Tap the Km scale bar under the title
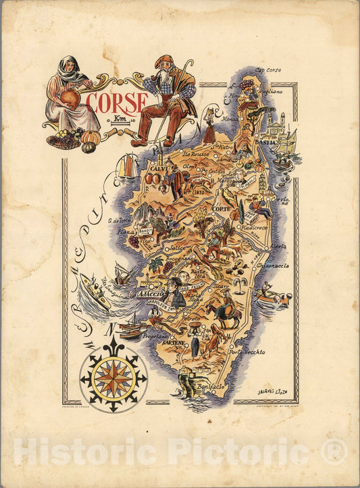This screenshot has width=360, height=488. [121, 121]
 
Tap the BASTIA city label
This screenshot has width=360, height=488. [265, 142]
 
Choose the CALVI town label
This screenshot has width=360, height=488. [159, 169]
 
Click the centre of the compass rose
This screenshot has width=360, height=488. [113, 379]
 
